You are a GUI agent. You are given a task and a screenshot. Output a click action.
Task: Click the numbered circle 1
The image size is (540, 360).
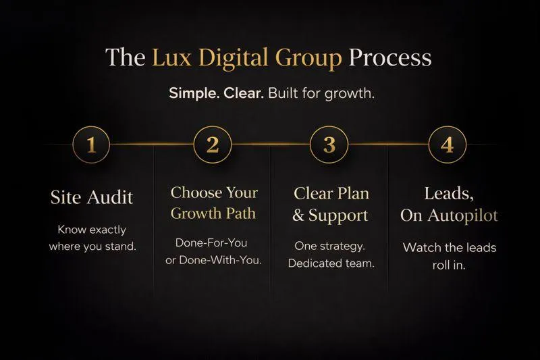(91, 145)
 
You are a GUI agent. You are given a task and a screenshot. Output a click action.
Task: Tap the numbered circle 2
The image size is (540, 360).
(213, 145)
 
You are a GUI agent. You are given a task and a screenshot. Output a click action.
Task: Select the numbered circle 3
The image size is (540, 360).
(329, 145)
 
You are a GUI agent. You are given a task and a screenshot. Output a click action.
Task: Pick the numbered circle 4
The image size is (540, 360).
(448, 145)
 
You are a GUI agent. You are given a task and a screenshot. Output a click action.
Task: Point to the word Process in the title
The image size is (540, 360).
(389, 57)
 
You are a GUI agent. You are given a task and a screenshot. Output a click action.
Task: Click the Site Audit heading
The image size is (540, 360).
(92, 197)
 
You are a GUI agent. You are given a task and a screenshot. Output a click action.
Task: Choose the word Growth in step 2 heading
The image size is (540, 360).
(193, 214)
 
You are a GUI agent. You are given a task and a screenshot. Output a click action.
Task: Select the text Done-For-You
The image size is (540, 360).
(213, 242)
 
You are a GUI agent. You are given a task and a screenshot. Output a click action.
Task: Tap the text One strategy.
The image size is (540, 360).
(330, 246)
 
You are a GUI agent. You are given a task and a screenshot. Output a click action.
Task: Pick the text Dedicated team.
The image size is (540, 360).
(330, 263)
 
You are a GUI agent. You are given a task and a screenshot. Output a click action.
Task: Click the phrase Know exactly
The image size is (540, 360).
(92, 230)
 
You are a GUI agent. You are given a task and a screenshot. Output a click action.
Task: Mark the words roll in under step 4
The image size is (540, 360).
(450, 265)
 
